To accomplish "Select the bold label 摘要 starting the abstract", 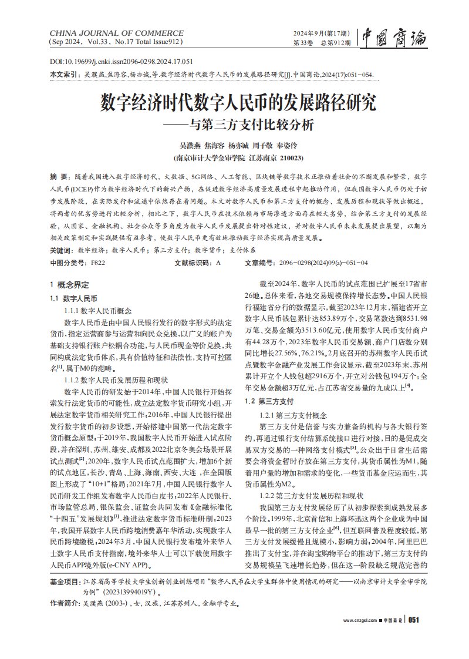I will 59,176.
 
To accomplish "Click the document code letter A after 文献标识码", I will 218,263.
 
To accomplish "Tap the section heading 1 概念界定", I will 69,284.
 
